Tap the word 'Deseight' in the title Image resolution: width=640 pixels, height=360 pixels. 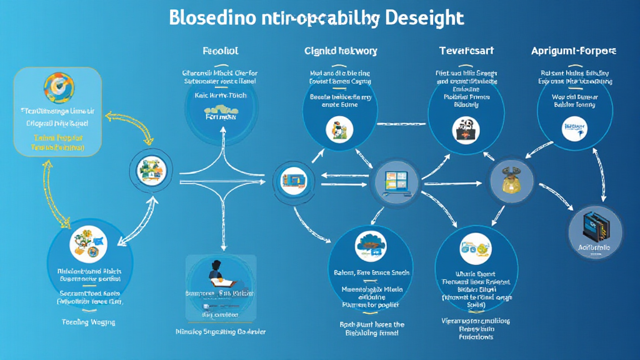click(x=426, y=18)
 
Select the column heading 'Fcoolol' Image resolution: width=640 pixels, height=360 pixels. click(x=221, y=51)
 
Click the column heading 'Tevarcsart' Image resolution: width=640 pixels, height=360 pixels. click(x=467, y=51)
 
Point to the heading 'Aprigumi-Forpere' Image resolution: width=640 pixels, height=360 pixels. click(x=573, y=51)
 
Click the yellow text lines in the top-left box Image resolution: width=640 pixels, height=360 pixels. click(x=58, y=141)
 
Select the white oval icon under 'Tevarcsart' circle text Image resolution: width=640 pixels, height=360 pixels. click(x=464, y=128)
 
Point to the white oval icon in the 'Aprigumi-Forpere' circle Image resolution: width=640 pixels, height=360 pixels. click(x=574, y=129)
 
